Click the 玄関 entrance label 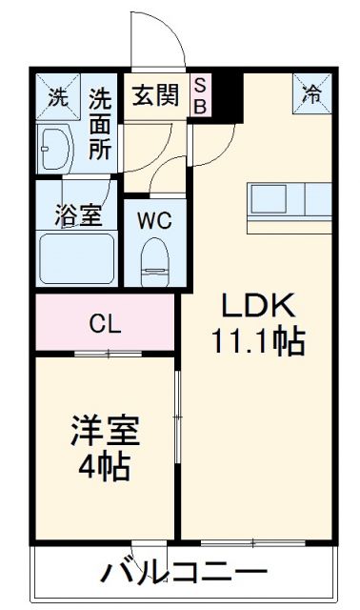pos(155,95)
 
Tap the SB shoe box pos(201,94)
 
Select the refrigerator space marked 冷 pos(312,93)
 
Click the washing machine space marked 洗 pos(58,96)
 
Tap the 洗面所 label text pos(100,124)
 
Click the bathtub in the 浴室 pos(76,258)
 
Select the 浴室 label pos(78,215)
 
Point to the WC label pos(154,220)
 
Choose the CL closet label pos(105,324)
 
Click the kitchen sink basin pos(269,198)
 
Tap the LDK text pos(257,305)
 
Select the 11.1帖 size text pos(257,341)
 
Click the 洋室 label pos(105,431)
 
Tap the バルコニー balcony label pos(184,572)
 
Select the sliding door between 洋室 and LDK pos(178,417)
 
